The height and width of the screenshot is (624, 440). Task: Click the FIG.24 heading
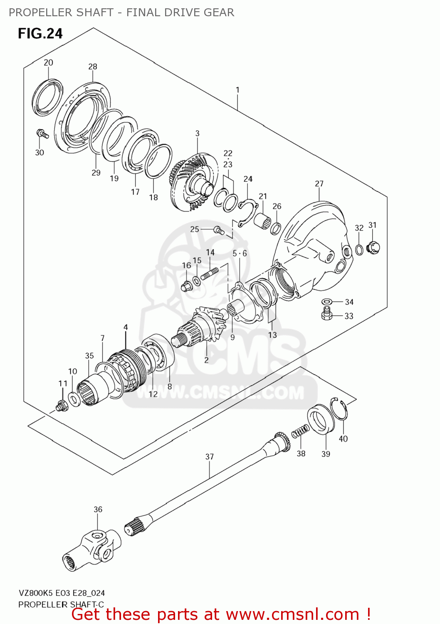pyautogui.click(x=40, y=33)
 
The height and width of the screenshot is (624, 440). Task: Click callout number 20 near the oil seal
pyautogui.click(x=48, y=62)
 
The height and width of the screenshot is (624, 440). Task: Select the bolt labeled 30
pyautogui.click(x=42, y=134)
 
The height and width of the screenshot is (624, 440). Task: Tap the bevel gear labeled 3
pyautogui.click(x=193, y=179)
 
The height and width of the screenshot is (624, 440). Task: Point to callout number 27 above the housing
pyautogui.click(x=319, y=183)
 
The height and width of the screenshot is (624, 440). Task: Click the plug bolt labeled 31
pyautogui.click(x=373, y=248)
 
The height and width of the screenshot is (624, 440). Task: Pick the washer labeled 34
pyautogui.click(x=327, y=302)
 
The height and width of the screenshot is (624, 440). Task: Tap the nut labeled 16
pyautogui.click(x=186, y=286)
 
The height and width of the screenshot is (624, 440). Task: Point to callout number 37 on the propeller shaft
pyautogui.click(x=210, y=456)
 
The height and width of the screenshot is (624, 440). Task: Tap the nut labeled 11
pyautogui.click(x=62, y=405)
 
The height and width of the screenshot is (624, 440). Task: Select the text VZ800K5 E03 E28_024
pyautogui.click(x=62, y=593)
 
